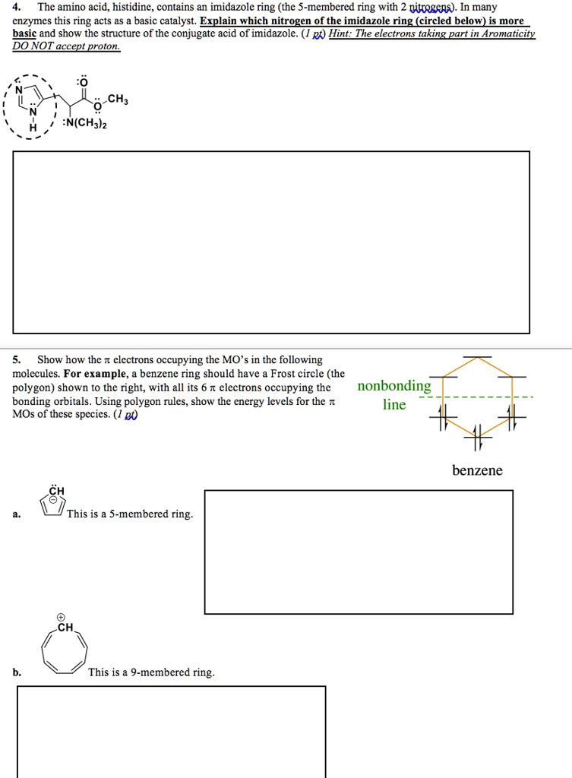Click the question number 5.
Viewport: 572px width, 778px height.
17,359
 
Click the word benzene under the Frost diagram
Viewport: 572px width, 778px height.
477,470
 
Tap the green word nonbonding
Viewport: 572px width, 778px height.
393,386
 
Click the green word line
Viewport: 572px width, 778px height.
393,404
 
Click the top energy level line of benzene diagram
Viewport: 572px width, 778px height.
477,356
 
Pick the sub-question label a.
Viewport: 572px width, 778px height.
17,514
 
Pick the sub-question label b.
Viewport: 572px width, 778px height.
17,672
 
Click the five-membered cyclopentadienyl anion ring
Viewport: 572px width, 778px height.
52,506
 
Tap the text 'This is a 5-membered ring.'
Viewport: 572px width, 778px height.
130,514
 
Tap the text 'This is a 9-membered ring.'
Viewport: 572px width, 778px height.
151,672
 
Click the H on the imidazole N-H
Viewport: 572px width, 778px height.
32,128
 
